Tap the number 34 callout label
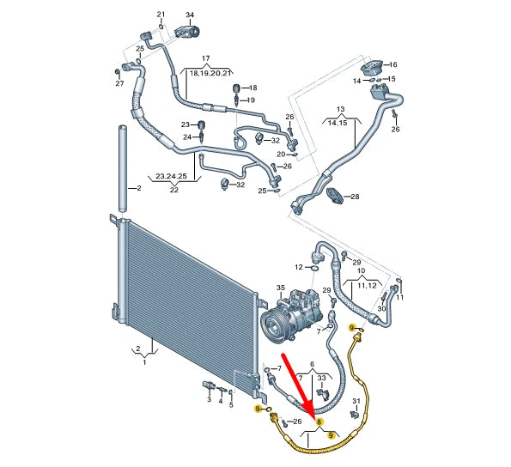point(190,15)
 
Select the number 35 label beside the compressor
point(279,288)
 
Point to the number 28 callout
point(355,197)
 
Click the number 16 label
point(393,65)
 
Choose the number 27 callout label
point(119,83)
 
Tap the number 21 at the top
point(160,15)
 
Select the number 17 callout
point(205,58)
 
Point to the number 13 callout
point(340,109)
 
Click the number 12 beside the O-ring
point(298,267)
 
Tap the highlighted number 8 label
point(319,422)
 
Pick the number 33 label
point(320,378)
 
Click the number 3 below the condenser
point(208,399)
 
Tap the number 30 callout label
point(381,308)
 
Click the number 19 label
point(251,100)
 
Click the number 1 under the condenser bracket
point(144,363)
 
